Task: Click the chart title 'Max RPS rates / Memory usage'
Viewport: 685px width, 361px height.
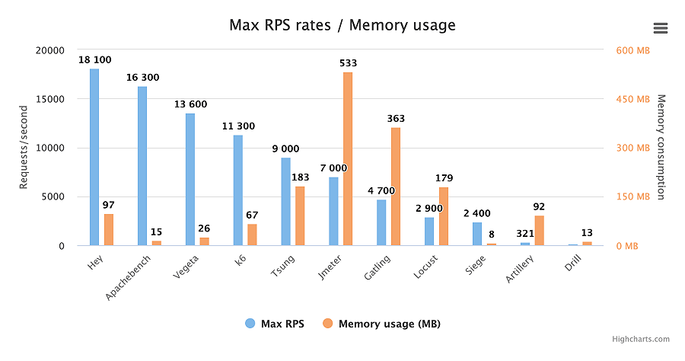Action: click(x=342, y=25)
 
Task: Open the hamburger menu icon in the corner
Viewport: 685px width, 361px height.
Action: click(x=660, y=28)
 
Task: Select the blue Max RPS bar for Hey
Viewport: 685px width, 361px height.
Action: click(x=94, y=157)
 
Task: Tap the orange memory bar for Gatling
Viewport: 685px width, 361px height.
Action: click(x=396, y=187)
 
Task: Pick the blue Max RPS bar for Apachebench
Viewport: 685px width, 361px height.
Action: click(x=142, y=166)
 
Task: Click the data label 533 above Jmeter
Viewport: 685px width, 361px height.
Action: click(x=348, y=63)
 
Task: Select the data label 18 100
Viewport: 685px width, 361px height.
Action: click(x=94, y=59)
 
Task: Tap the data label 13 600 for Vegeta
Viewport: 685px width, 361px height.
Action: click(x=190, y=104)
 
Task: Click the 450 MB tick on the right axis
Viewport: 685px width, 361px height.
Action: click(x=632, y=99)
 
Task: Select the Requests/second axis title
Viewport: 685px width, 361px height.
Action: click(x=23, y=148)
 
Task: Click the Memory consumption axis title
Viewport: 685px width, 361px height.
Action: click(x=661, y=148)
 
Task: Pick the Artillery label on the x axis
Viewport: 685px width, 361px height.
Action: click(x=521, y=270)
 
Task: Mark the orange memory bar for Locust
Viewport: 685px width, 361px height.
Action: click(x=444, y=216)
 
